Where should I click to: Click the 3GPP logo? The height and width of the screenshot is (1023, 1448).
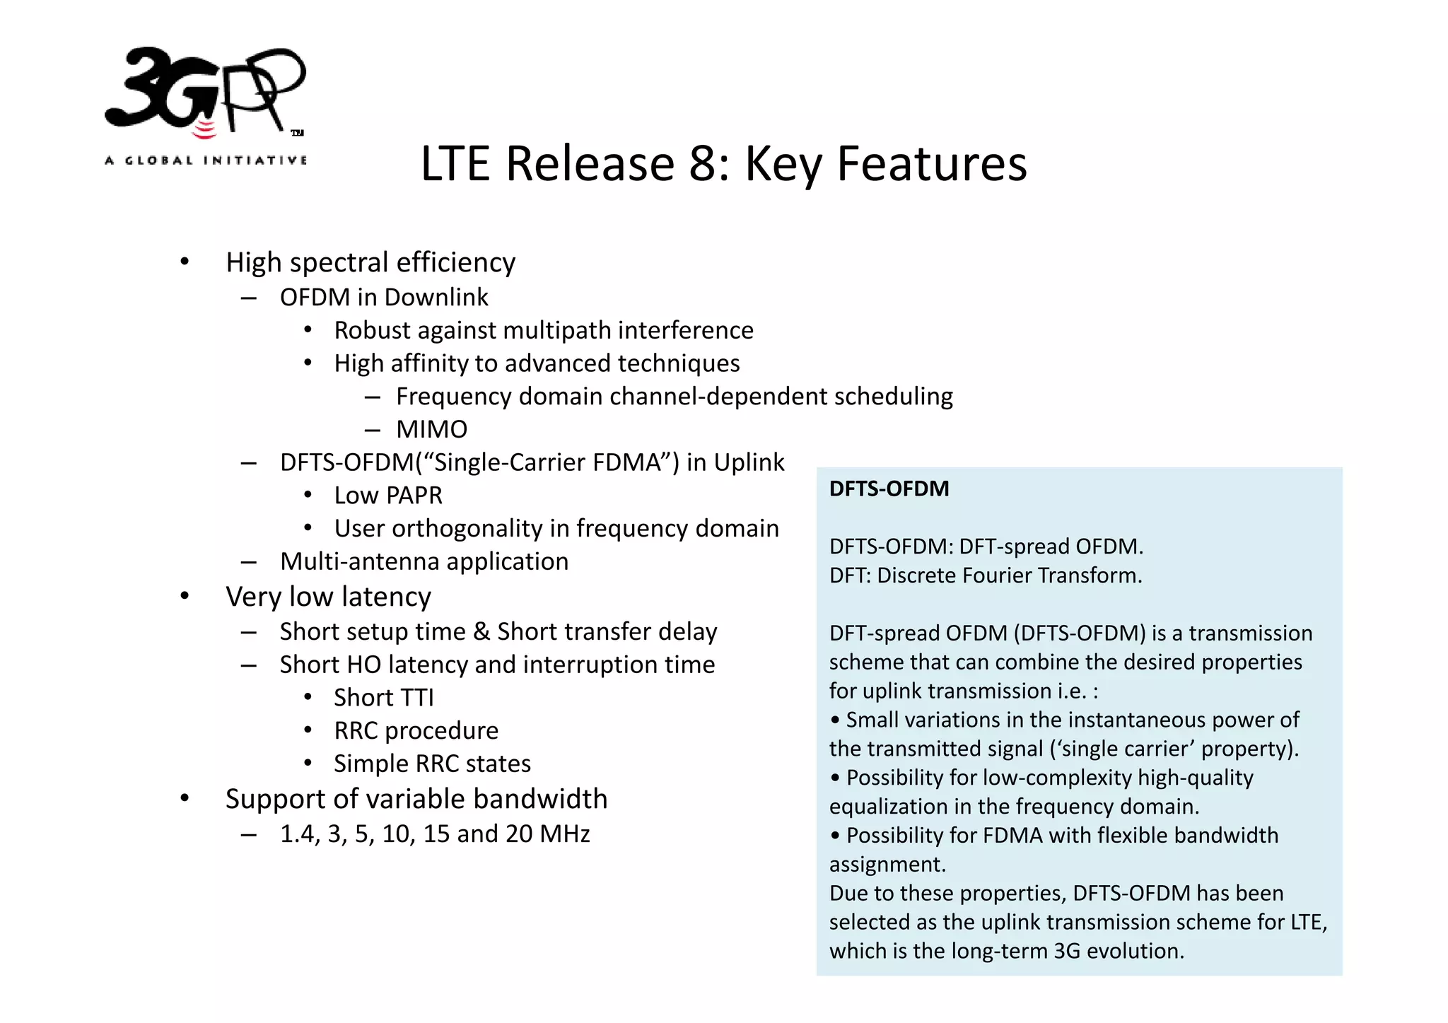(x=205, y=92)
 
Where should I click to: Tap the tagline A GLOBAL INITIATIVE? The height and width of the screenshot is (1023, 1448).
(x=206, y=160)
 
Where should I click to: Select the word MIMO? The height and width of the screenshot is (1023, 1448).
(x=431, y=429)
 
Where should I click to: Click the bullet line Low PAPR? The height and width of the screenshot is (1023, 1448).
(x=388, y=496)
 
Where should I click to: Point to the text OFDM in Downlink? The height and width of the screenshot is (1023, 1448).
(x=384, y=298)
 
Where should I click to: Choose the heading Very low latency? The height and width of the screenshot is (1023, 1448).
(x=328, y=597)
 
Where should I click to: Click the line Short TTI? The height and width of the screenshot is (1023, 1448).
(x=384, y=698)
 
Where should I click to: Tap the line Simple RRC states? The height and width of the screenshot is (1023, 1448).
(x=432, y=764)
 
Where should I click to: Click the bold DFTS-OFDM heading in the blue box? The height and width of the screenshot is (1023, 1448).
(x=889, y=489)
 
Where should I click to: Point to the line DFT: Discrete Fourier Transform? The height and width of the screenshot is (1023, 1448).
(x=986, y=575)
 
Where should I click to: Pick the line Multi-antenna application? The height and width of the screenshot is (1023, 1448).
(x=424, y=561)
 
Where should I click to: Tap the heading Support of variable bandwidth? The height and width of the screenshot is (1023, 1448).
(x=416, y=799)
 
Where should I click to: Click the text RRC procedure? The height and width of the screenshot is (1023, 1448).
(x=416, y=730)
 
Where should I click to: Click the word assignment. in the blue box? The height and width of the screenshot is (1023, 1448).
(x=887, y=865)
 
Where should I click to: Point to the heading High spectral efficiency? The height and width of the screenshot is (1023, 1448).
(x=370, y=262)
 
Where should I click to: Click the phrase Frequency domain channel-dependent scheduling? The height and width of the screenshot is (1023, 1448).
(x=674, y=397)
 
